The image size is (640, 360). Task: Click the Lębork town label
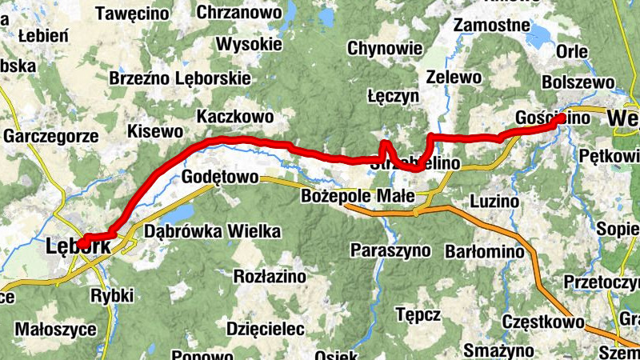click(79, 246)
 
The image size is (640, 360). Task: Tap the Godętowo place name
click(219, 177)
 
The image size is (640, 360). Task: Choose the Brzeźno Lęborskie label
click(180, 78)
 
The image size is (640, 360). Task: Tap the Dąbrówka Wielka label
click(213, 232)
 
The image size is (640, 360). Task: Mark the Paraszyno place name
click(390, 250)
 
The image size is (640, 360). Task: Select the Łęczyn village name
click(393, 95)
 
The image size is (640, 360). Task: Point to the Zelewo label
click(454, 78)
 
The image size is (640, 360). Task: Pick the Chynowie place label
click(383, 49)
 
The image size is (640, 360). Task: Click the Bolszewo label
click(578, 82)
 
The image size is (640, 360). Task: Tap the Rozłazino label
click(269, 276)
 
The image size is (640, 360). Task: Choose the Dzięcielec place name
click(266, 329)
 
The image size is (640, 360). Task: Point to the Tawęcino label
click(132, 13)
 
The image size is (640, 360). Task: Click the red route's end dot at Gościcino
click(562, 118)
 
